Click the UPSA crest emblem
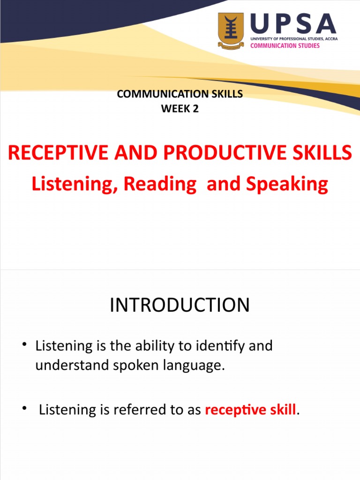(x=231, y=30)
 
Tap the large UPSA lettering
(x=293, y=23)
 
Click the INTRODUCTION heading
(x=180, y=305)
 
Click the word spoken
(x=125, y=366)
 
